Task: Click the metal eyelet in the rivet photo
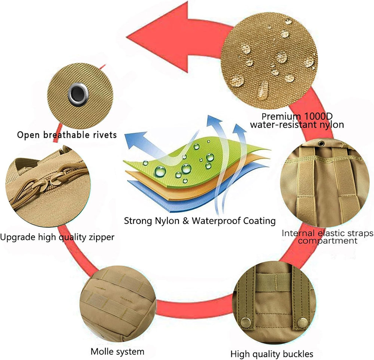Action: click(x=78, y=94)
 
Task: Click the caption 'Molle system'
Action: click(x=117, y=351)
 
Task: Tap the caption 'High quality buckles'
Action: click(x=272, y=354)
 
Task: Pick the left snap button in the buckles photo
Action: click(x=245, y=323)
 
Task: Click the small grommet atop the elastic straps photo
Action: click(x=321, y=144)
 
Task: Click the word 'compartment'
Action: click(x=328, y=241)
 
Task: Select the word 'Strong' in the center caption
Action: click(x=138, y=221)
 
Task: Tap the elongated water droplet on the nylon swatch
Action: click(x=263, y=90)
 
